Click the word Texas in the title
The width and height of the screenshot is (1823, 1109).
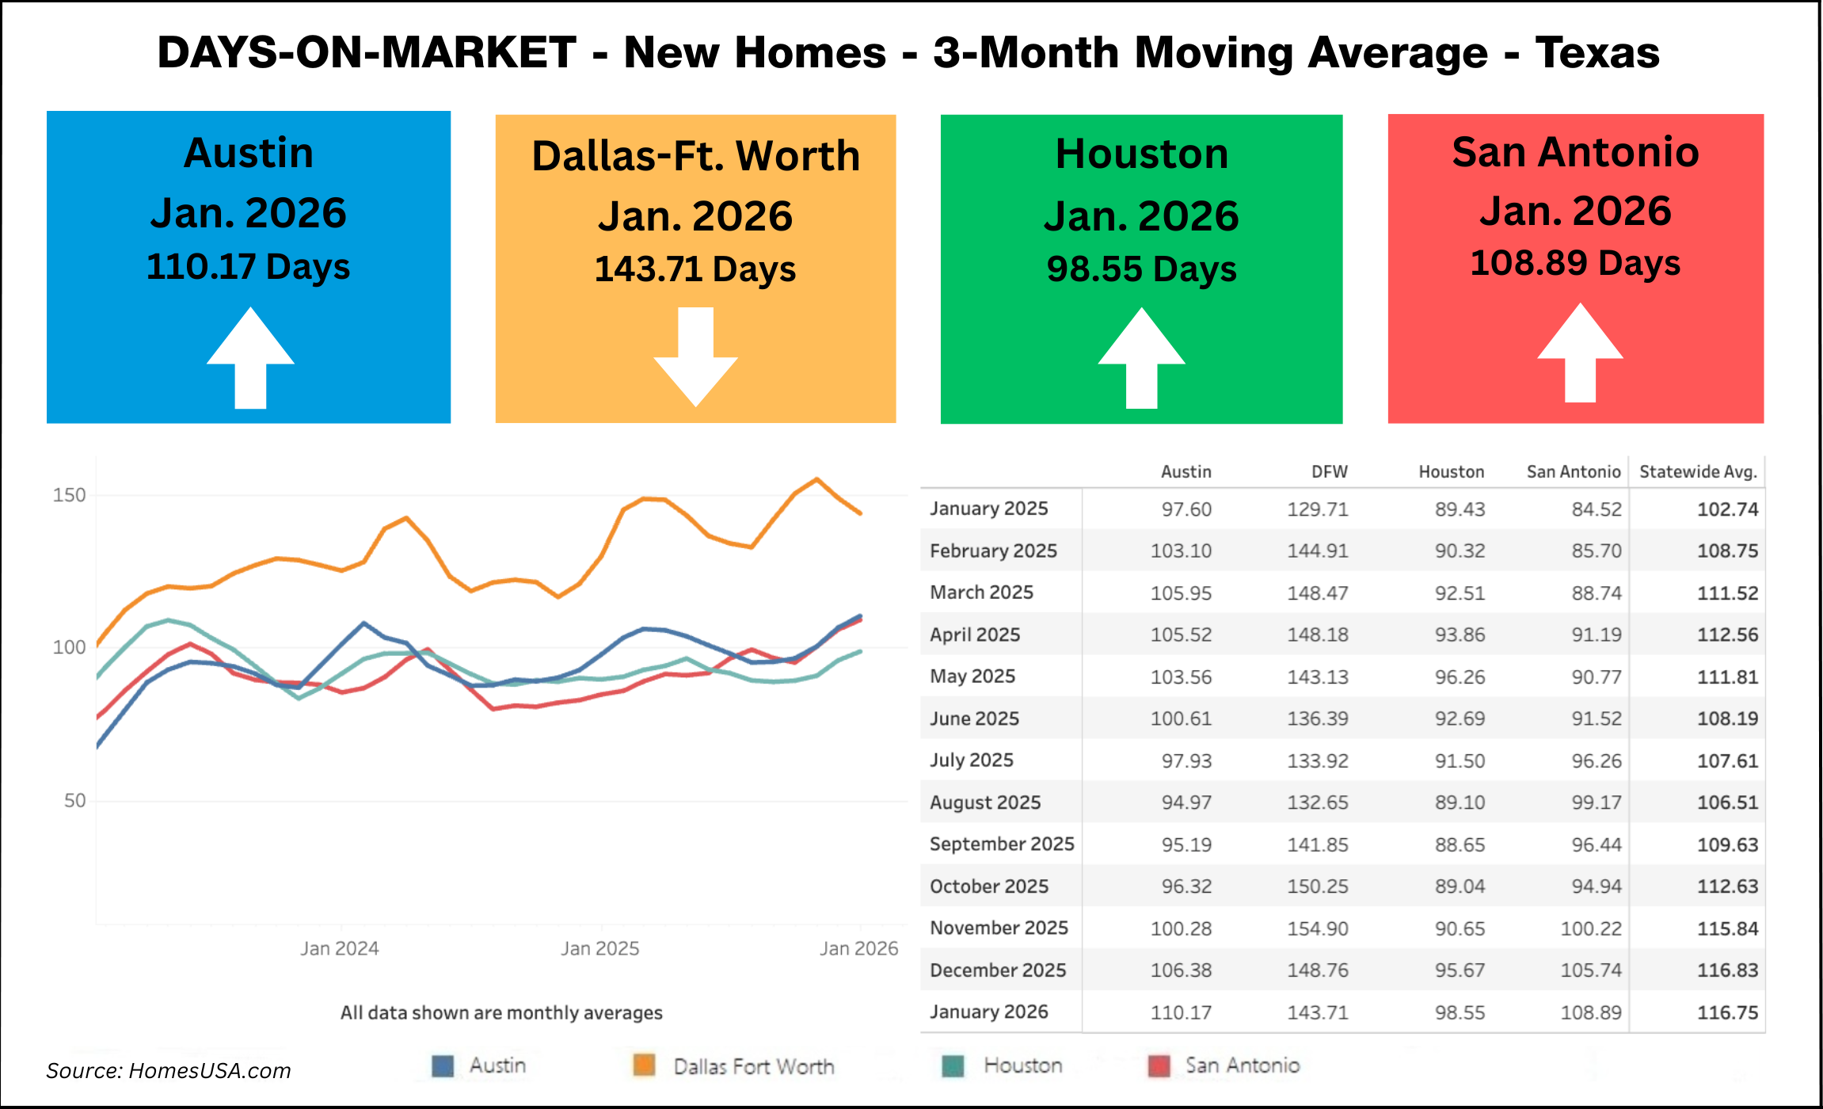point(1597,53)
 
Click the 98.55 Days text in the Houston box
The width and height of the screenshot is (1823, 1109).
point(1141,269)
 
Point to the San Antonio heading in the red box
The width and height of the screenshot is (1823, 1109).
point(1575,152)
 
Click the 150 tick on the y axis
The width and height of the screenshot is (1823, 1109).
point(69,495)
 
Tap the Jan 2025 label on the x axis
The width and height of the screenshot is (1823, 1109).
point(599,948)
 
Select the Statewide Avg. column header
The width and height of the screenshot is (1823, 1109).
point(1698,472)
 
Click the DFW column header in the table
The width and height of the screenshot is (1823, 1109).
point(1329,472)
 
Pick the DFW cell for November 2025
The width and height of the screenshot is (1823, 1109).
point(1317,928)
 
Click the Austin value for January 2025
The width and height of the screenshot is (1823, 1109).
point(1186,509)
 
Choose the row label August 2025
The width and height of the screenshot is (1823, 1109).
point(985,802)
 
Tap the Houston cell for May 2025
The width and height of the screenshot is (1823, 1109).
point(1460,677)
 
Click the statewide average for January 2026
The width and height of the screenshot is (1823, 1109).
point(1727,1012)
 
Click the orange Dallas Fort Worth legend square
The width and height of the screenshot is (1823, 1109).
point(645,1065)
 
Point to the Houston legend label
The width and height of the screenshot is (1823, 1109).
point(1022,1065)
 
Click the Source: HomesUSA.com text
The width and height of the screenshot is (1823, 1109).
point(169,1071)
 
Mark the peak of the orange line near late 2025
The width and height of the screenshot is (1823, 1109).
point(817,479)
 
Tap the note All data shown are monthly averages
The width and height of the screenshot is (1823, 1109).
point(501,1012)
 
